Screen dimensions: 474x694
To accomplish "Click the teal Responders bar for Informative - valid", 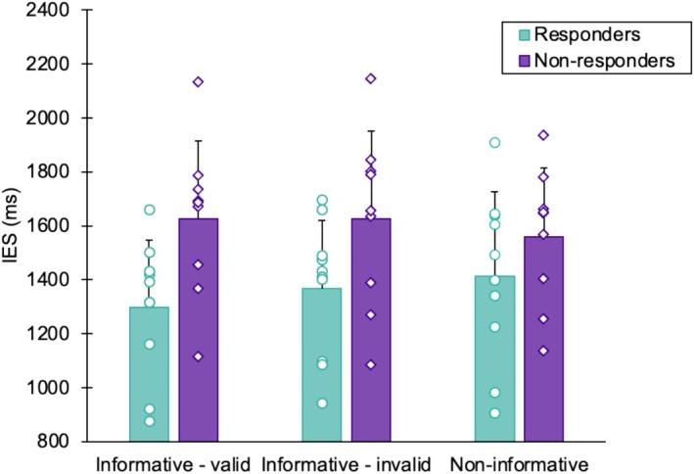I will pos(149,373).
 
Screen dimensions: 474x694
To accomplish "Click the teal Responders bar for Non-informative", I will pos(494,358).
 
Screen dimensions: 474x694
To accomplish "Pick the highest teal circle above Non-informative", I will pos(494,143).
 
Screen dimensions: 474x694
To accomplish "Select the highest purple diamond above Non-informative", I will pos(543,135).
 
